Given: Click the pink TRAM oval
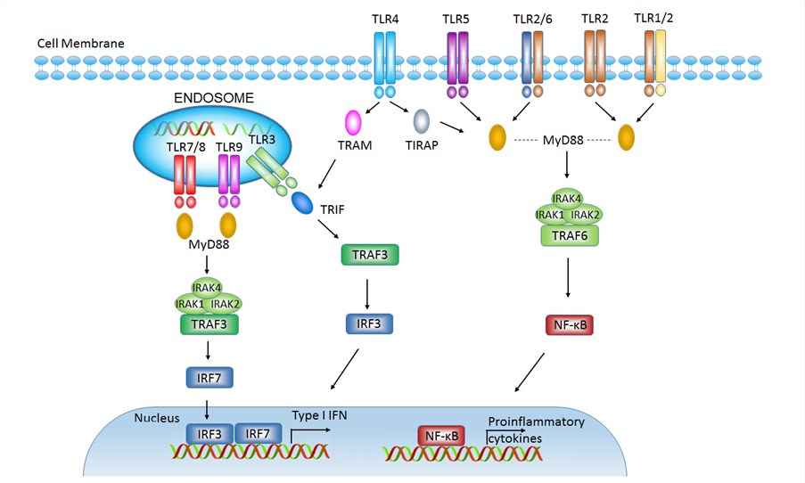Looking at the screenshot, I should click(353, 120).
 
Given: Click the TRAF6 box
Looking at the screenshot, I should click(569, 235).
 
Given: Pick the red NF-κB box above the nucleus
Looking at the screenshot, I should click(569, 325).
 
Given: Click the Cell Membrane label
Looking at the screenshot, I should click(80, 43).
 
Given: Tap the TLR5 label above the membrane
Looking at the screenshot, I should click(457, 19).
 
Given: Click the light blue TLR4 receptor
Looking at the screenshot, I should click(385, 61).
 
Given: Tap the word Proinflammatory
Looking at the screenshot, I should click(535, 422).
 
